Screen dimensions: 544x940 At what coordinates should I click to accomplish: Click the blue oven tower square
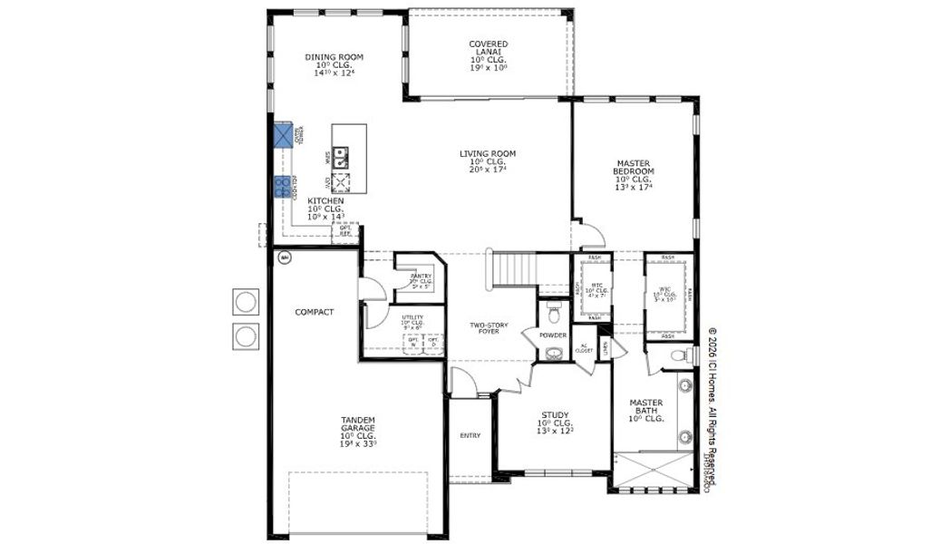pyautogui.click(x=286, y=135)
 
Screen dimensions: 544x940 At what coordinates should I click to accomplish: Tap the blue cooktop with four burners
pyautogui.click(x=282, y=187)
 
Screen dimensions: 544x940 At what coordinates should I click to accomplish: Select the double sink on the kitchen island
pyautogui.click(x=341, y=158)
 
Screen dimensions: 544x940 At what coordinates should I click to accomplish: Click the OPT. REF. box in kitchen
pyautogui.click(x=344, y=232)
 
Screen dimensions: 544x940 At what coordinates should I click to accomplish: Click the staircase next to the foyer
pyautogui.click(x=514, y=269)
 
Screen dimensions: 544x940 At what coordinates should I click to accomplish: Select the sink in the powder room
pyautogui.click(x=555, y=354)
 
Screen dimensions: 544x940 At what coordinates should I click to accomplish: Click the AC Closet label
pyautogui.click(x=586, y=348)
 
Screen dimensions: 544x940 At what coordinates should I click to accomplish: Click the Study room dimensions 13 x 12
pyautogui.click(x=555, y=432)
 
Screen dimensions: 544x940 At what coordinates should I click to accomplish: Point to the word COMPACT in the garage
pyautogui.click(x=314, y=312)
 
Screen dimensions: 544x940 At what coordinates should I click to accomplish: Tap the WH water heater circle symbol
pyautogui.click(x=284, y=257)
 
